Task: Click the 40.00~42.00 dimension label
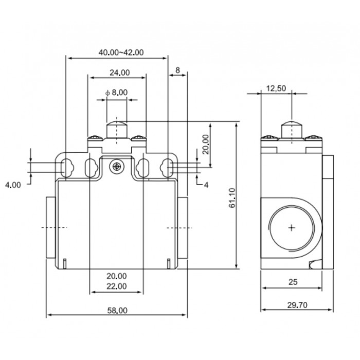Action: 121,52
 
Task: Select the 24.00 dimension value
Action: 119,73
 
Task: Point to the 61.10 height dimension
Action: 232,198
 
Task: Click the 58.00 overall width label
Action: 117,310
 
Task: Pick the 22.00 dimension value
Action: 117,286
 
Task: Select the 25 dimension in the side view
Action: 292,282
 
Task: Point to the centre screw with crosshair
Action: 118,166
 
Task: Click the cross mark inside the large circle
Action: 292,228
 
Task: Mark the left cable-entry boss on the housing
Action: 50,228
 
